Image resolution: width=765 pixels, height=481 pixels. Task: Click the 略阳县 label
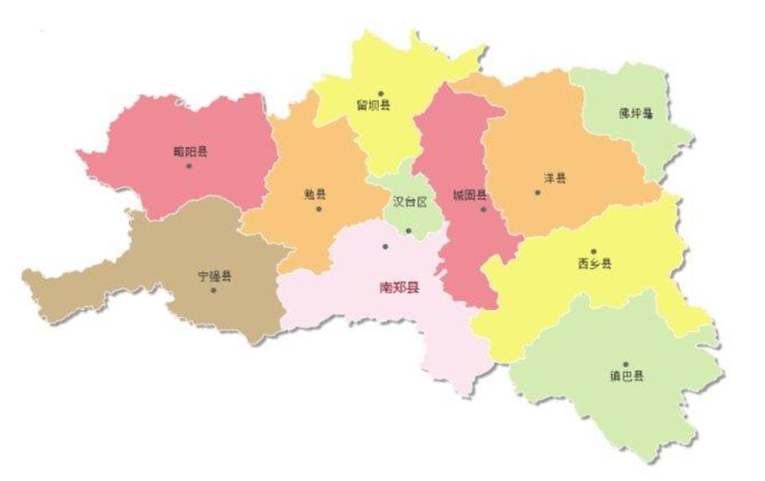(x=190, y=151)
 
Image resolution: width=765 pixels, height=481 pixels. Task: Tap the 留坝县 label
(x=374, y=105)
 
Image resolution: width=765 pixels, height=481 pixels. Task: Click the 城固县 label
(x=468, y=195)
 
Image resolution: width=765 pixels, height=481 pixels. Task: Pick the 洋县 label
(x=555, y=179)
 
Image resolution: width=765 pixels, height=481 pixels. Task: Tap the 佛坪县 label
(x=635, y=113)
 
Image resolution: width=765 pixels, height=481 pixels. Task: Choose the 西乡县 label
(x=594, y=263)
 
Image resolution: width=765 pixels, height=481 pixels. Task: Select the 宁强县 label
(x=214, y=276)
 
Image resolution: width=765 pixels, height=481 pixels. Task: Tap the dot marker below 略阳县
(x=189, y=166)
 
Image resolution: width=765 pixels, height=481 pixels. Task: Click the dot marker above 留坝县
(x=381, y=93)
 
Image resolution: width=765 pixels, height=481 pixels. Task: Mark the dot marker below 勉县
(x=318, y=209)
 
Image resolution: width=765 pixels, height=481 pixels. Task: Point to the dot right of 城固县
(x=483, y=210)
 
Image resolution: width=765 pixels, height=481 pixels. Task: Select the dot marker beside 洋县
(x=538, y=192)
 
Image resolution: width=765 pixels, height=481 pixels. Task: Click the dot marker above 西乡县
(x=593, y=251)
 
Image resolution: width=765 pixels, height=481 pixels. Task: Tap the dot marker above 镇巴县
(x=626, y=363)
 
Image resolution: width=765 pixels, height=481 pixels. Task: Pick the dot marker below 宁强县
(x=214, y=290)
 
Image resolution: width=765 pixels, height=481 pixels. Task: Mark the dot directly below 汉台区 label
(x=408, y=230)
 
